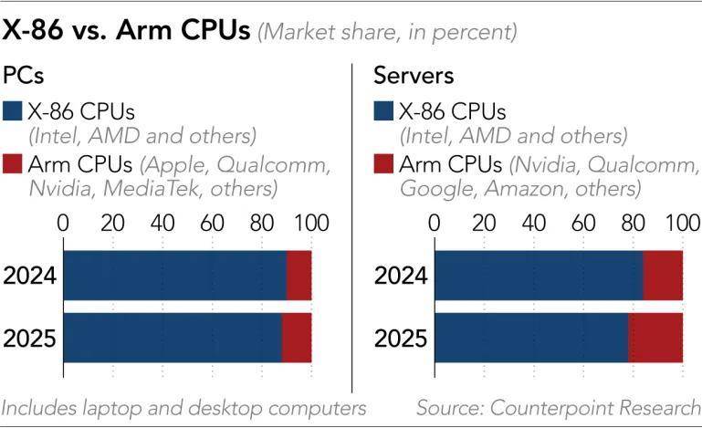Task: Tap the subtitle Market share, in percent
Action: point(389,33)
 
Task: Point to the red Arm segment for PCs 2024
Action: point(299,274)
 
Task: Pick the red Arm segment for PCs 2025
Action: point(296,339)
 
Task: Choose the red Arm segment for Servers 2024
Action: point(663,274)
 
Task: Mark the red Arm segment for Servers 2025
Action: point(655,339)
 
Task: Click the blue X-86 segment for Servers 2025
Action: point(530,339)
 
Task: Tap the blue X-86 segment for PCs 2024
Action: point(174,274)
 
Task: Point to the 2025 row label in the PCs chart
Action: point(30,339)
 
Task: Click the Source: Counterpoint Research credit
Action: point(558,407)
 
